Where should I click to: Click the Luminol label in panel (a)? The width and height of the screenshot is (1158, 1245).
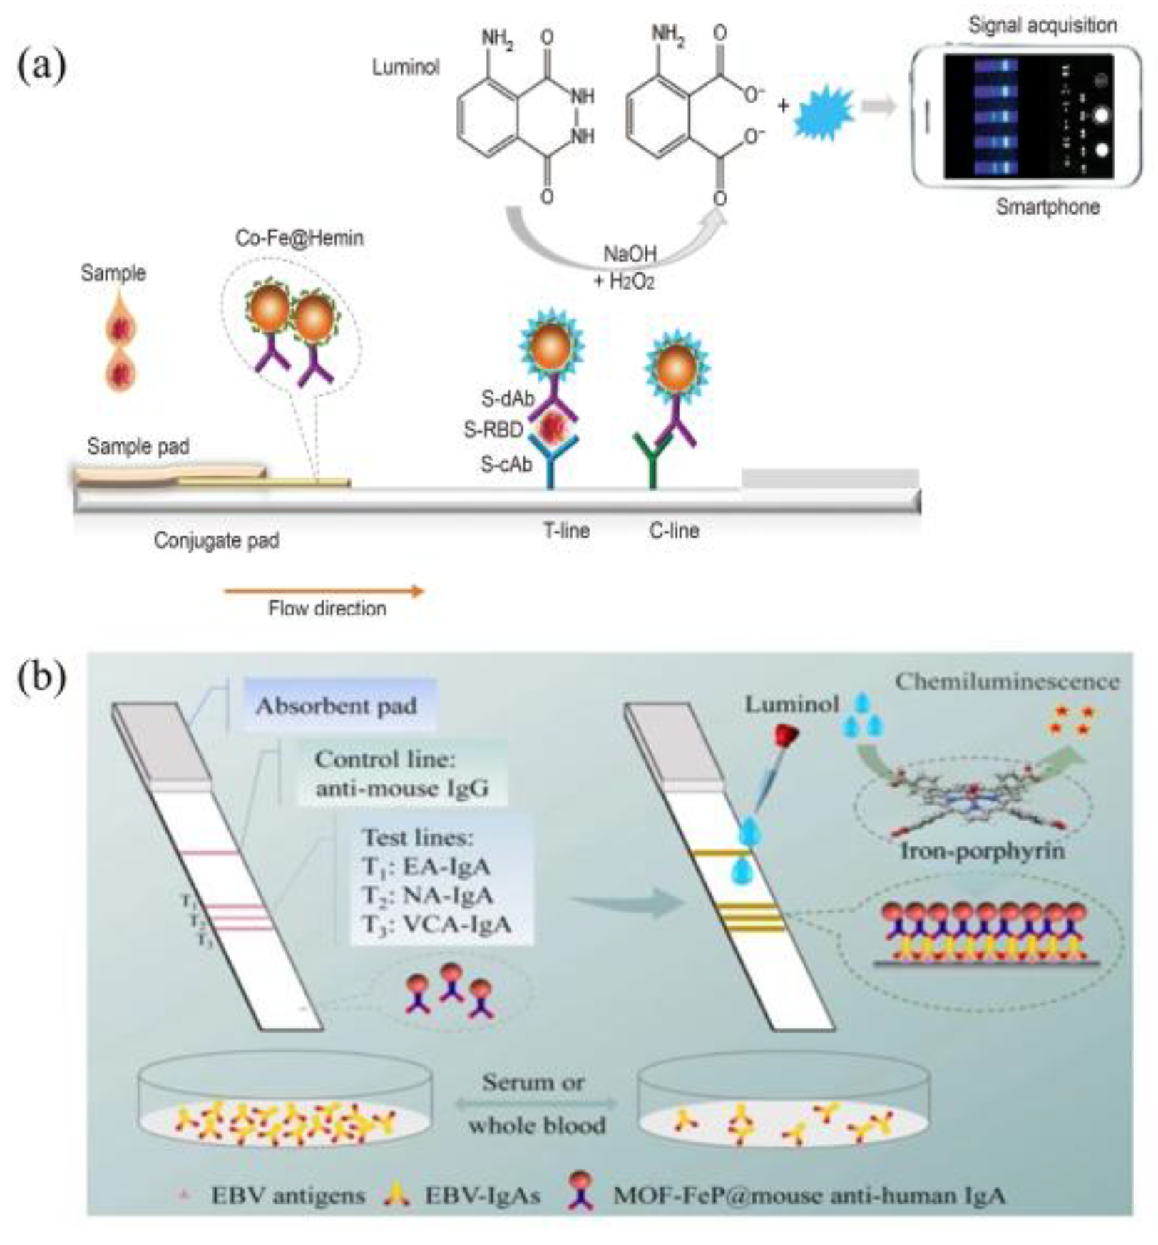(405, 68)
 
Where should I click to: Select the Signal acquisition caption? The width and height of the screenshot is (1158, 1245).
(1042, 25)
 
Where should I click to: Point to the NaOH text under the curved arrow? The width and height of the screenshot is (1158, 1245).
(630, 254)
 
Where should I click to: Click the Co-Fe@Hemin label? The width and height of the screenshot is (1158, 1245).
(299, 237)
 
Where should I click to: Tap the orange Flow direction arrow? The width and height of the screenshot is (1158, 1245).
(324, 590)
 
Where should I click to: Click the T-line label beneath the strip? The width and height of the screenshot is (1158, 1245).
(566, 531)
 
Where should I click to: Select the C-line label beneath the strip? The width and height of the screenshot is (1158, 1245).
(673, 531)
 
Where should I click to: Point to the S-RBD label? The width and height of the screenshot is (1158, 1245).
(493, 430)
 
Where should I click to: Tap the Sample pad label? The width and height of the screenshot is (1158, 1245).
(138, 447)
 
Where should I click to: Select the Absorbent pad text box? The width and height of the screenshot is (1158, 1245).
(337, 706)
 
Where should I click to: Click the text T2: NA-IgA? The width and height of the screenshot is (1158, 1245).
(427, 895)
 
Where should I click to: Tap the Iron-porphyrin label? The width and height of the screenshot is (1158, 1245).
(982, 851)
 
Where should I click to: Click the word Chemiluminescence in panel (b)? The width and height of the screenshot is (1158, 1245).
(1007, 682)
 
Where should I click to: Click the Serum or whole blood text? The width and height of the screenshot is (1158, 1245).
(535, 1104)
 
